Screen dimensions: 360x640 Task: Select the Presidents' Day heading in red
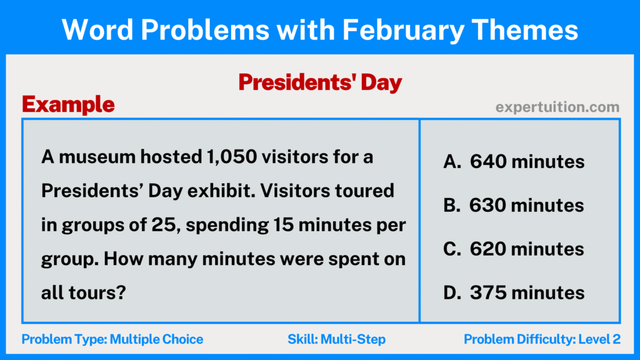click(x=320, y=82)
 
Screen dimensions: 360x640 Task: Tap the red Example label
click(x=68, y=104)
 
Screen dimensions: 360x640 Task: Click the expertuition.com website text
click(x=557, y=107)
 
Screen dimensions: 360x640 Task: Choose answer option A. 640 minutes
click(x=514, y=162)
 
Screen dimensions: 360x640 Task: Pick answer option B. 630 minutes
click(x=514, y=205)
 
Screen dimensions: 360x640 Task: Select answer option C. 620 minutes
click(x=514, y=249)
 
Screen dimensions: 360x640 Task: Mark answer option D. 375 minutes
click(x=514, y=292)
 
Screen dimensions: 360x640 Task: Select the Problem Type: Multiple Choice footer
click(x=112, y=339)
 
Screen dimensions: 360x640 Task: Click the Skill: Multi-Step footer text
click(x=336, y=339)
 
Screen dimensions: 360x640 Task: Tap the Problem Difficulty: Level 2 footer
click(x=542, y=339)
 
